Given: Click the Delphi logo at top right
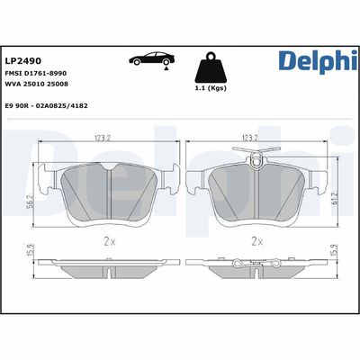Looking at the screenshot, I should click(306, 64).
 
